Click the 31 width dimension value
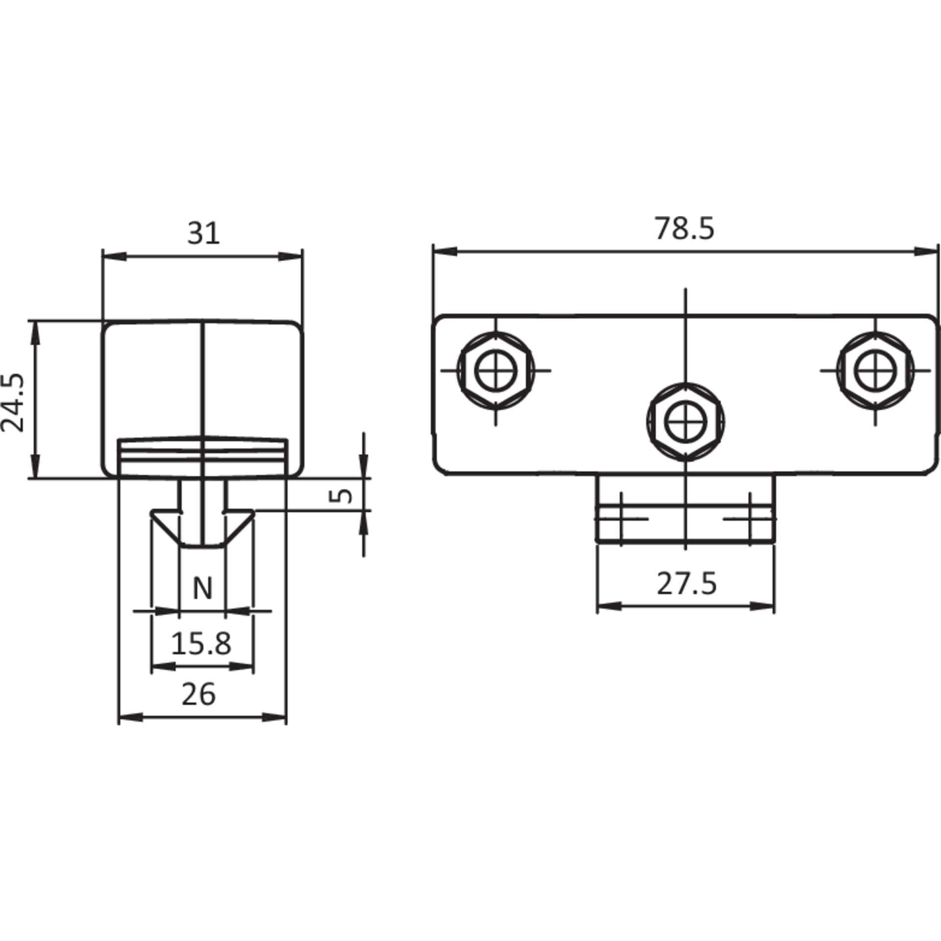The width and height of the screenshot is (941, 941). tap(203, 234)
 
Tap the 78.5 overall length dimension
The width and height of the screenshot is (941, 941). tap(685, 229)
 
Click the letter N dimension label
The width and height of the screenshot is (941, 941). tap(202, 589)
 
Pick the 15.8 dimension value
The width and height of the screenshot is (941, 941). tap(201, 644)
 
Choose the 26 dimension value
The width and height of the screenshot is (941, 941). tap(198, 694)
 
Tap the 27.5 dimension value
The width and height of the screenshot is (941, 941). tap(687, 584)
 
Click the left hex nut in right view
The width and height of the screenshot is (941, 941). tap(495, 370)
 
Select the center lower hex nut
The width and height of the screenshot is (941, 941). tap(685, 421)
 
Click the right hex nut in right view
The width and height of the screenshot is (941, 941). tap(875, 370)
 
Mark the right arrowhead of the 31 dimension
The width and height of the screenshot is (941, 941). tap(290, 257)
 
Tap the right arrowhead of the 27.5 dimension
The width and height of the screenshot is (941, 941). tap(763, 606)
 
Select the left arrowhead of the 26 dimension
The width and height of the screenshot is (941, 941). tap(131, 717)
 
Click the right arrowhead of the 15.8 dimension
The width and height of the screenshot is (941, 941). tap(242, 666)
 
